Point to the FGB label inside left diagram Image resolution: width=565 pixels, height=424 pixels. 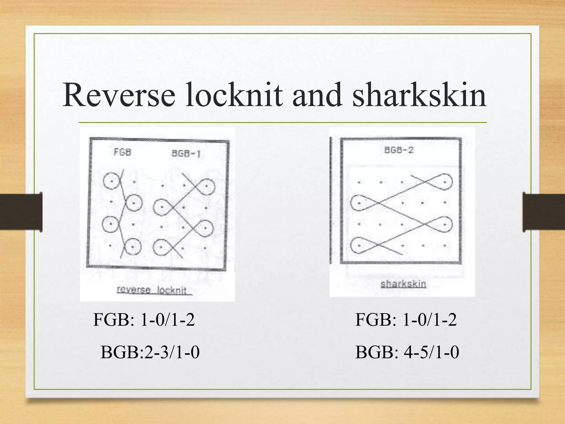coord(122,152)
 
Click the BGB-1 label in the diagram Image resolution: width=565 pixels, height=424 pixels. coord(186,153)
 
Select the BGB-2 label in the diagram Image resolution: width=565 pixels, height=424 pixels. coord(399,150)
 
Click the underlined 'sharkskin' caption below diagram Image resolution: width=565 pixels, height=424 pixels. coord(403,284)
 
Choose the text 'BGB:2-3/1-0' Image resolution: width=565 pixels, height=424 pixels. coord(150,353)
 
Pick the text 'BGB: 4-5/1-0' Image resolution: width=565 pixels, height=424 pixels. coord(407,353)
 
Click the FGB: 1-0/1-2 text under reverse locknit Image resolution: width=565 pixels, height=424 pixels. coord(144,320)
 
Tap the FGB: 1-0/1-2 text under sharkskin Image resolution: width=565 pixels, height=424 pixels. coord(406,320)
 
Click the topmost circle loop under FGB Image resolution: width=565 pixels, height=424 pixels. coord(111,181)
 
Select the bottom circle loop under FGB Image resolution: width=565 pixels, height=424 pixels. coord(133,246)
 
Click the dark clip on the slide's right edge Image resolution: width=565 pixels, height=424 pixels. coord(543,212)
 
